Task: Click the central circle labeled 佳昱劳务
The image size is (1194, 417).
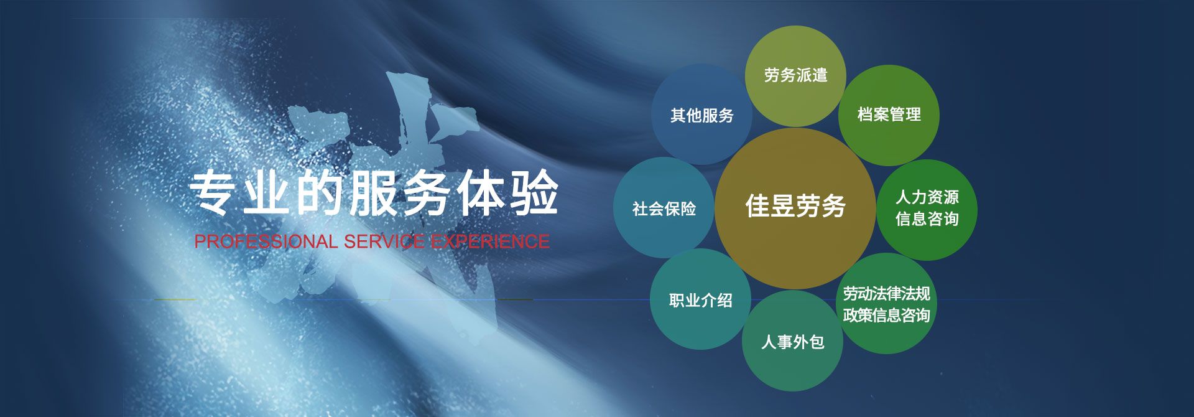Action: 795,208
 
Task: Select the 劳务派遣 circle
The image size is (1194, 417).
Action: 795,76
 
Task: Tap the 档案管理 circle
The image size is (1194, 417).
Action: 889,115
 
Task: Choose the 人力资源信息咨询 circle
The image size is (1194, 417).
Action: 927,210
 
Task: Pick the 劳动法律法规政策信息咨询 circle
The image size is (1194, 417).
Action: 887,303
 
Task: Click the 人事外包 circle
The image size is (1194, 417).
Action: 792,340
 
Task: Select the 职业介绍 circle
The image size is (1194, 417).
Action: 700,299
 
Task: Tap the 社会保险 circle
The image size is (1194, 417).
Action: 664,208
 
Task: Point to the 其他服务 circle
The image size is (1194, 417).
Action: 701,115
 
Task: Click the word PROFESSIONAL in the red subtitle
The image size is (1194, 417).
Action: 266,241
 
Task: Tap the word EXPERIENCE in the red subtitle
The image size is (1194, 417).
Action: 490,241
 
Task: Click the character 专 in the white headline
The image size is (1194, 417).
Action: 213,193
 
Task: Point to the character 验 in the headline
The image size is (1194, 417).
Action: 534,193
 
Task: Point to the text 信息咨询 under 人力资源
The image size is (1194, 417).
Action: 927,219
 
